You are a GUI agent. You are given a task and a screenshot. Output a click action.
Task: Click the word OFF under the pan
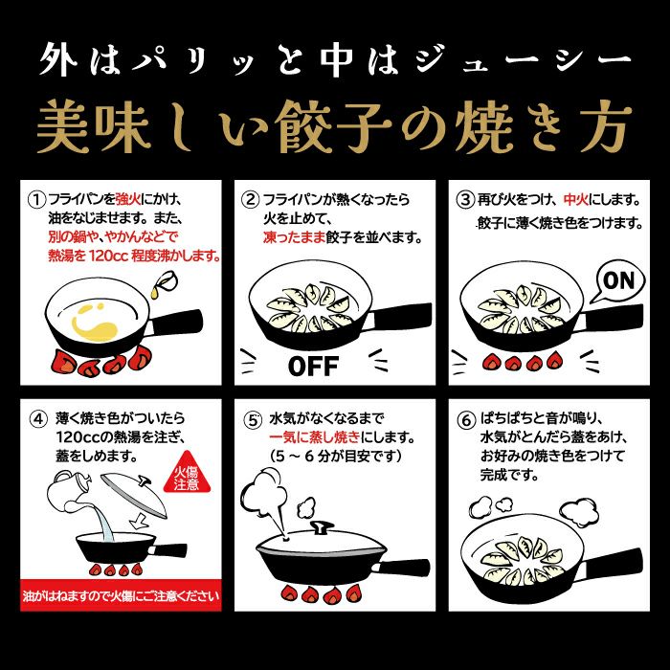coord(314,367)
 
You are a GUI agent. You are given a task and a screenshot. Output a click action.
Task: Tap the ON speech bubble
coord(618,281)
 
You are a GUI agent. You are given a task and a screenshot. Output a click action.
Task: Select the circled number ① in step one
coord(36,199)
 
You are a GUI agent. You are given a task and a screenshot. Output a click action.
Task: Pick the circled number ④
coord(37,419)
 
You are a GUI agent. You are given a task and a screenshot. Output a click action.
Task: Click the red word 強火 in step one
coord(128,199)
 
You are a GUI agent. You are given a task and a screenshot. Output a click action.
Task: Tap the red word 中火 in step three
coord(575,199)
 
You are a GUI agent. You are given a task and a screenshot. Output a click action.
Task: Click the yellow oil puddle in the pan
coord(94,324)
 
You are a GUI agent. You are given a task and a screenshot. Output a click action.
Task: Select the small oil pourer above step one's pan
coord(164,283)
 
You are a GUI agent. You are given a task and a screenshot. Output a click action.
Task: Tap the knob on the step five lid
coord(322,527)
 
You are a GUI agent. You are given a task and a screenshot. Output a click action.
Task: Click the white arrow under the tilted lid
coord(139,520)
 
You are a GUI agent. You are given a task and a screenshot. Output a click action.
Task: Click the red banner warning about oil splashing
coord(121,595)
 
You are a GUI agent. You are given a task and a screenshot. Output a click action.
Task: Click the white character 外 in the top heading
coord(58,59)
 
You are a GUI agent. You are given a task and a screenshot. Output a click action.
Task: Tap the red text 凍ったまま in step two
coord(294,237)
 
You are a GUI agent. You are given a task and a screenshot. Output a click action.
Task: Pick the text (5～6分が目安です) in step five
coord(335,457)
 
